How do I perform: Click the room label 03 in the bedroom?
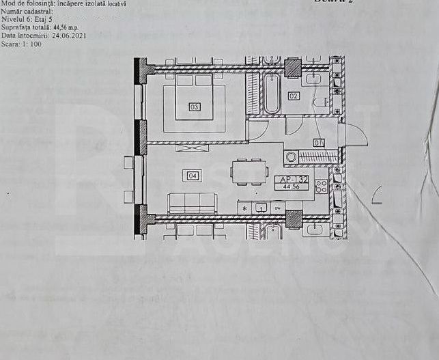click(195, 107)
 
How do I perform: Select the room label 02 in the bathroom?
click(294, 96)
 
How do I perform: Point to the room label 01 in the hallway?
click(318, 142)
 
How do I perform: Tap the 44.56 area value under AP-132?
click(292, 187)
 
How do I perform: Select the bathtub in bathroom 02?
click(271, 95)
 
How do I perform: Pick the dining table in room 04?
click(246, 171)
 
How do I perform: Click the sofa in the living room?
click(192, 202)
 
